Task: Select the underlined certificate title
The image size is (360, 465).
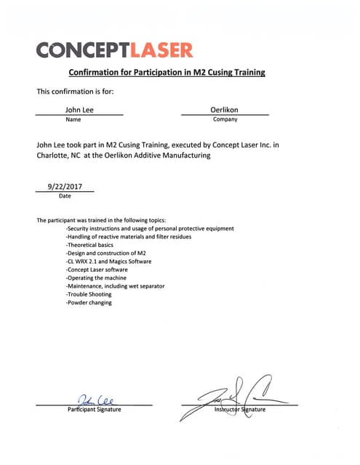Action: pyautogui.click(x=167, y=73)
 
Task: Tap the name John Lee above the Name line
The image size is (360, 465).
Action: pyautogui.click(x=79, y=109)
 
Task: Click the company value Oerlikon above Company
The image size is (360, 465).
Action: pyautogui.click(x=225, y=109)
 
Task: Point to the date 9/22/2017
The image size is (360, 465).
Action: pyautogui.click(x=65, y=187)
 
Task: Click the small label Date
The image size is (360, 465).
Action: pyautogui.click(x=65, y=196)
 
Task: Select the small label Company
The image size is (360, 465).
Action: pyautogui.click(x=225, y=119)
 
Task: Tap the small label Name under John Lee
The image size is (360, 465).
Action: pyautogui.click(x=73, y=119)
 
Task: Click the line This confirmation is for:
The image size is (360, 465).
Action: pyautogui.click(x=76, y=92)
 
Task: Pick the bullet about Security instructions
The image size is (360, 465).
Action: pyautogui.click(x=150, y=229)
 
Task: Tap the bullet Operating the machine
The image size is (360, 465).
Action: pyautogui.click(x=96, y=278)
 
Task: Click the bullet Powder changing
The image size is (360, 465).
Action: pyautogui.click(x=89, y=303)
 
